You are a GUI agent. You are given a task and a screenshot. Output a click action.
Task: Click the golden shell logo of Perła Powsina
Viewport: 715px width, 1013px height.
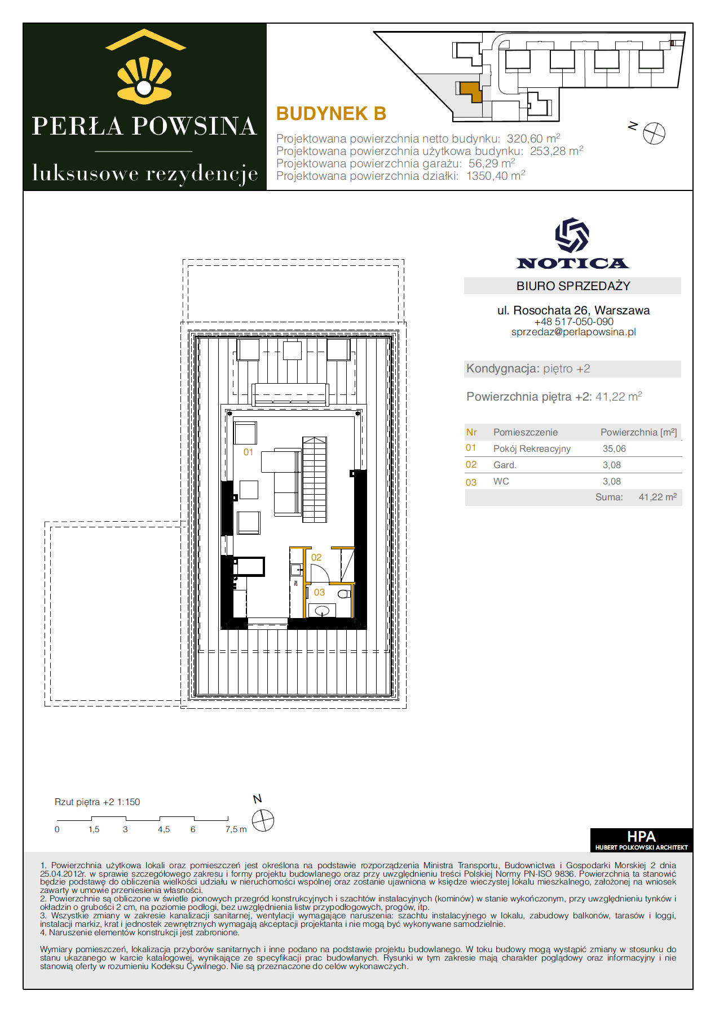pos(144,80)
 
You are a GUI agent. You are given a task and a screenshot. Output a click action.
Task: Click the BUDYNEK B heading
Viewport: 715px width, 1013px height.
pos(331,114)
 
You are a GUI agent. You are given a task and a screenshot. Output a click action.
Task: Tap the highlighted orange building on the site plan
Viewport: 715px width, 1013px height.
pos(471,91)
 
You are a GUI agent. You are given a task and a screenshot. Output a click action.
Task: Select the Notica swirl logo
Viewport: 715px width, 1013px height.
pos(572,235)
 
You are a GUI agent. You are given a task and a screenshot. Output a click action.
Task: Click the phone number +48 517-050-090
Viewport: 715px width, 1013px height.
pos(573,322)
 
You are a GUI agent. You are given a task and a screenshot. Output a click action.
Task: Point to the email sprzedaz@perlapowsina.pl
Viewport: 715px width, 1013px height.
pos(573,332)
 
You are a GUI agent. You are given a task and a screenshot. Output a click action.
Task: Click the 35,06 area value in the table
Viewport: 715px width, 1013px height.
pos(614,449)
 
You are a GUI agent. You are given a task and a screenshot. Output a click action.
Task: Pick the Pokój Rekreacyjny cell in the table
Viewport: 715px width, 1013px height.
pos(532,449)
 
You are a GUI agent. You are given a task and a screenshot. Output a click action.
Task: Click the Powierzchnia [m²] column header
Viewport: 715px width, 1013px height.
pos(638,432)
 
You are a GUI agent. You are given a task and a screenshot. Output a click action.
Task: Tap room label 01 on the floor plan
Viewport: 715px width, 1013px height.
pos(248,452)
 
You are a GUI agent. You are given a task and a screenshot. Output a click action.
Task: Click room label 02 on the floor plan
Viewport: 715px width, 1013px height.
pos(316,557)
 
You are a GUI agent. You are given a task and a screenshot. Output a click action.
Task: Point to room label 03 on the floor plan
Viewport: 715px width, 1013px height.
pos(319,592)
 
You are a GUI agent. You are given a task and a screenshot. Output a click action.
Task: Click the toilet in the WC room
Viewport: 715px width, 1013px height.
pos(344,594)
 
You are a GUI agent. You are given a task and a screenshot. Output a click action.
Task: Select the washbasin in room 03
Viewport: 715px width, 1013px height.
pos(322,610)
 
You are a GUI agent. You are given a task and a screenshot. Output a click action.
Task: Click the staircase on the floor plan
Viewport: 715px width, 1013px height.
pos(315,479)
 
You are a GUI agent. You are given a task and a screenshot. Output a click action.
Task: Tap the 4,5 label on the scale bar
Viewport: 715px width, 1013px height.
pos(164,829)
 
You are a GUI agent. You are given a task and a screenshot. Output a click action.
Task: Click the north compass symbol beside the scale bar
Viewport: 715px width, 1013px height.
pos(263,820)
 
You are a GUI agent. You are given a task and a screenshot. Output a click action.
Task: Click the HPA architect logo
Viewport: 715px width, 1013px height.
pos(641,840)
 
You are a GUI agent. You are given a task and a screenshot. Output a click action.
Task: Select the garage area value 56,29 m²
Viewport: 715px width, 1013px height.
pos(492,163)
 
